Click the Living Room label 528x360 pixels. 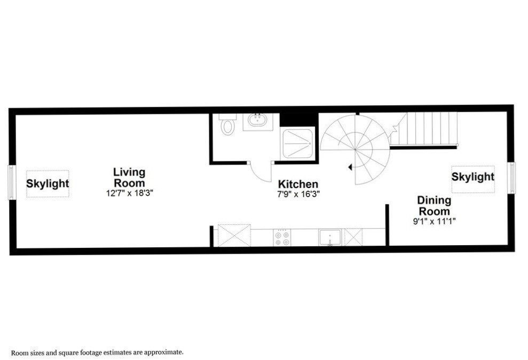point(129,177)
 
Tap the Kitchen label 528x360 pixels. point(298,184)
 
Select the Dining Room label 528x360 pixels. point(434,206)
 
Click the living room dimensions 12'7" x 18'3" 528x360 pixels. point(130,193)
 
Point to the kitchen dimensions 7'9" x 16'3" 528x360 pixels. point(298,194)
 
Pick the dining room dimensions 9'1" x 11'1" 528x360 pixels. point(435,222)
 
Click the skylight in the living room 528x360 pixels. point(48,184)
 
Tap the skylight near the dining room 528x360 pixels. point(473,179)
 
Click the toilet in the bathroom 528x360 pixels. point(228,124)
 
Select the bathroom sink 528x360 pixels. point(258,120)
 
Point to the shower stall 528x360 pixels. point(298,144)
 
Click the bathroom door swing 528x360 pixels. point(261,171)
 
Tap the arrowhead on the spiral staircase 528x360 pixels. point(350,167)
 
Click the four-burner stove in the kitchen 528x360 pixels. point(282,238)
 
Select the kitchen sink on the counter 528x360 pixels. point(330,237)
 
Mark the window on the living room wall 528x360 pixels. point(11,182)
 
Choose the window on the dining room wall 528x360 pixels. point(512,178)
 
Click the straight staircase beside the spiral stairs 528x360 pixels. point(424,130)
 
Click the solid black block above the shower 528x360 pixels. point(299,120)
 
